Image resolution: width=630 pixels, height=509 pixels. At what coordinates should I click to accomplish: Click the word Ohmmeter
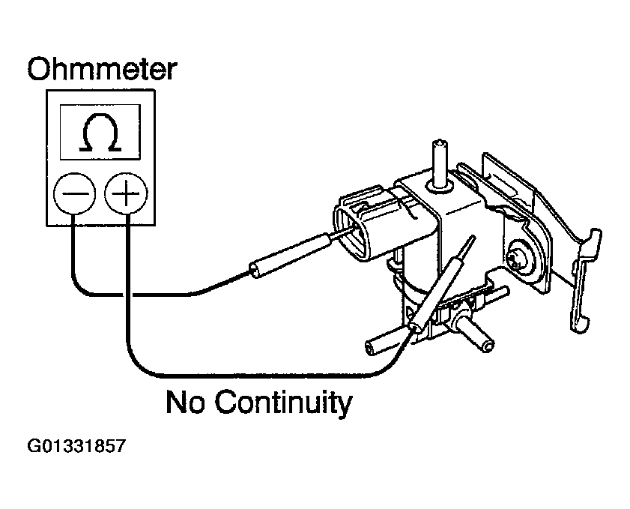coord(102,69)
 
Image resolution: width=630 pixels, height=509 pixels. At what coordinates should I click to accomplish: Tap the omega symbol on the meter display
coord(100,133)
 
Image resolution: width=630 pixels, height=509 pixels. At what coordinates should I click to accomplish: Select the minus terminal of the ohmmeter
coord(74,193)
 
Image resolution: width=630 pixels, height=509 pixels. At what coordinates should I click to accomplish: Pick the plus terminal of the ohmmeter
coord(126,193)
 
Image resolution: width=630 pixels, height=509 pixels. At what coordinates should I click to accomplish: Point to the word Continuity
coord(283,403)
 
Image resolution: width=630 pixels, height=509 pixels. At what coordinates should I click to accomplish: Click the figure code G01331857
coord(76,446)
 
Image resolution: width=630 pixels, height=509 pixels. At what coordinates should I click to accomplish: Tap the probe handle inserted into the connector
coord(290,256)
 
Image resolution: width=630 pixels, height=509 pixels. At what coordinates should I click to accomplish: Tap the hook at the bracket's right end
coord(585,280)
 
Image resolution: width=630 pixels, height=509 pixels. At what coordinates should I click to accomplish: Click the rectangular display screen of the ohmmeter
coord(100,132)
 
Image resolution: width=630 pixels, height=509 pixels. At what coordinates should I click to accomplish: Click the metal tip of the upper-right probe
coord(467,247)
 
